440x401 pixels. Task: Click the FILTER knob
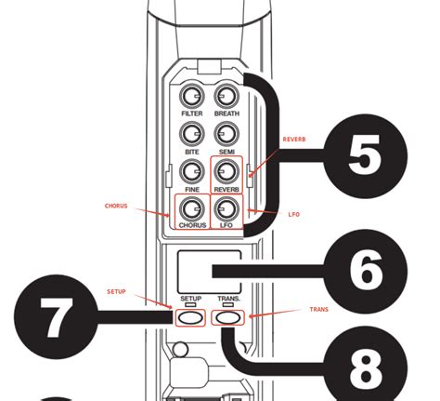(x=192, y=96)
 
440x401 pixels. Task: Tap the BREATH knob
(x=226, y=96)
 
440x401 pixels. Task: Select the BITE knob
(x=192, y=133)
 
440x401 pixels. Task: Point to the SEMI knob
(x=226, y=133)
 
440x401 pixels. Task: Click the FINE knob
(x=192, y=171)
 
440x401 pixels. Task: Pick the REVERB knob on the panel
(x=226, y=171)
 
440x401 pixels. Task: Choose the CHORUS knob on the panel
(x=192, y=207)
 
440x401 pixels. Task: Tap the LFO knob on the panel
(x=226, y=207)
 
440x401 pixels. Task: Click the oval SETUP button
(x=190, y=317)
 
